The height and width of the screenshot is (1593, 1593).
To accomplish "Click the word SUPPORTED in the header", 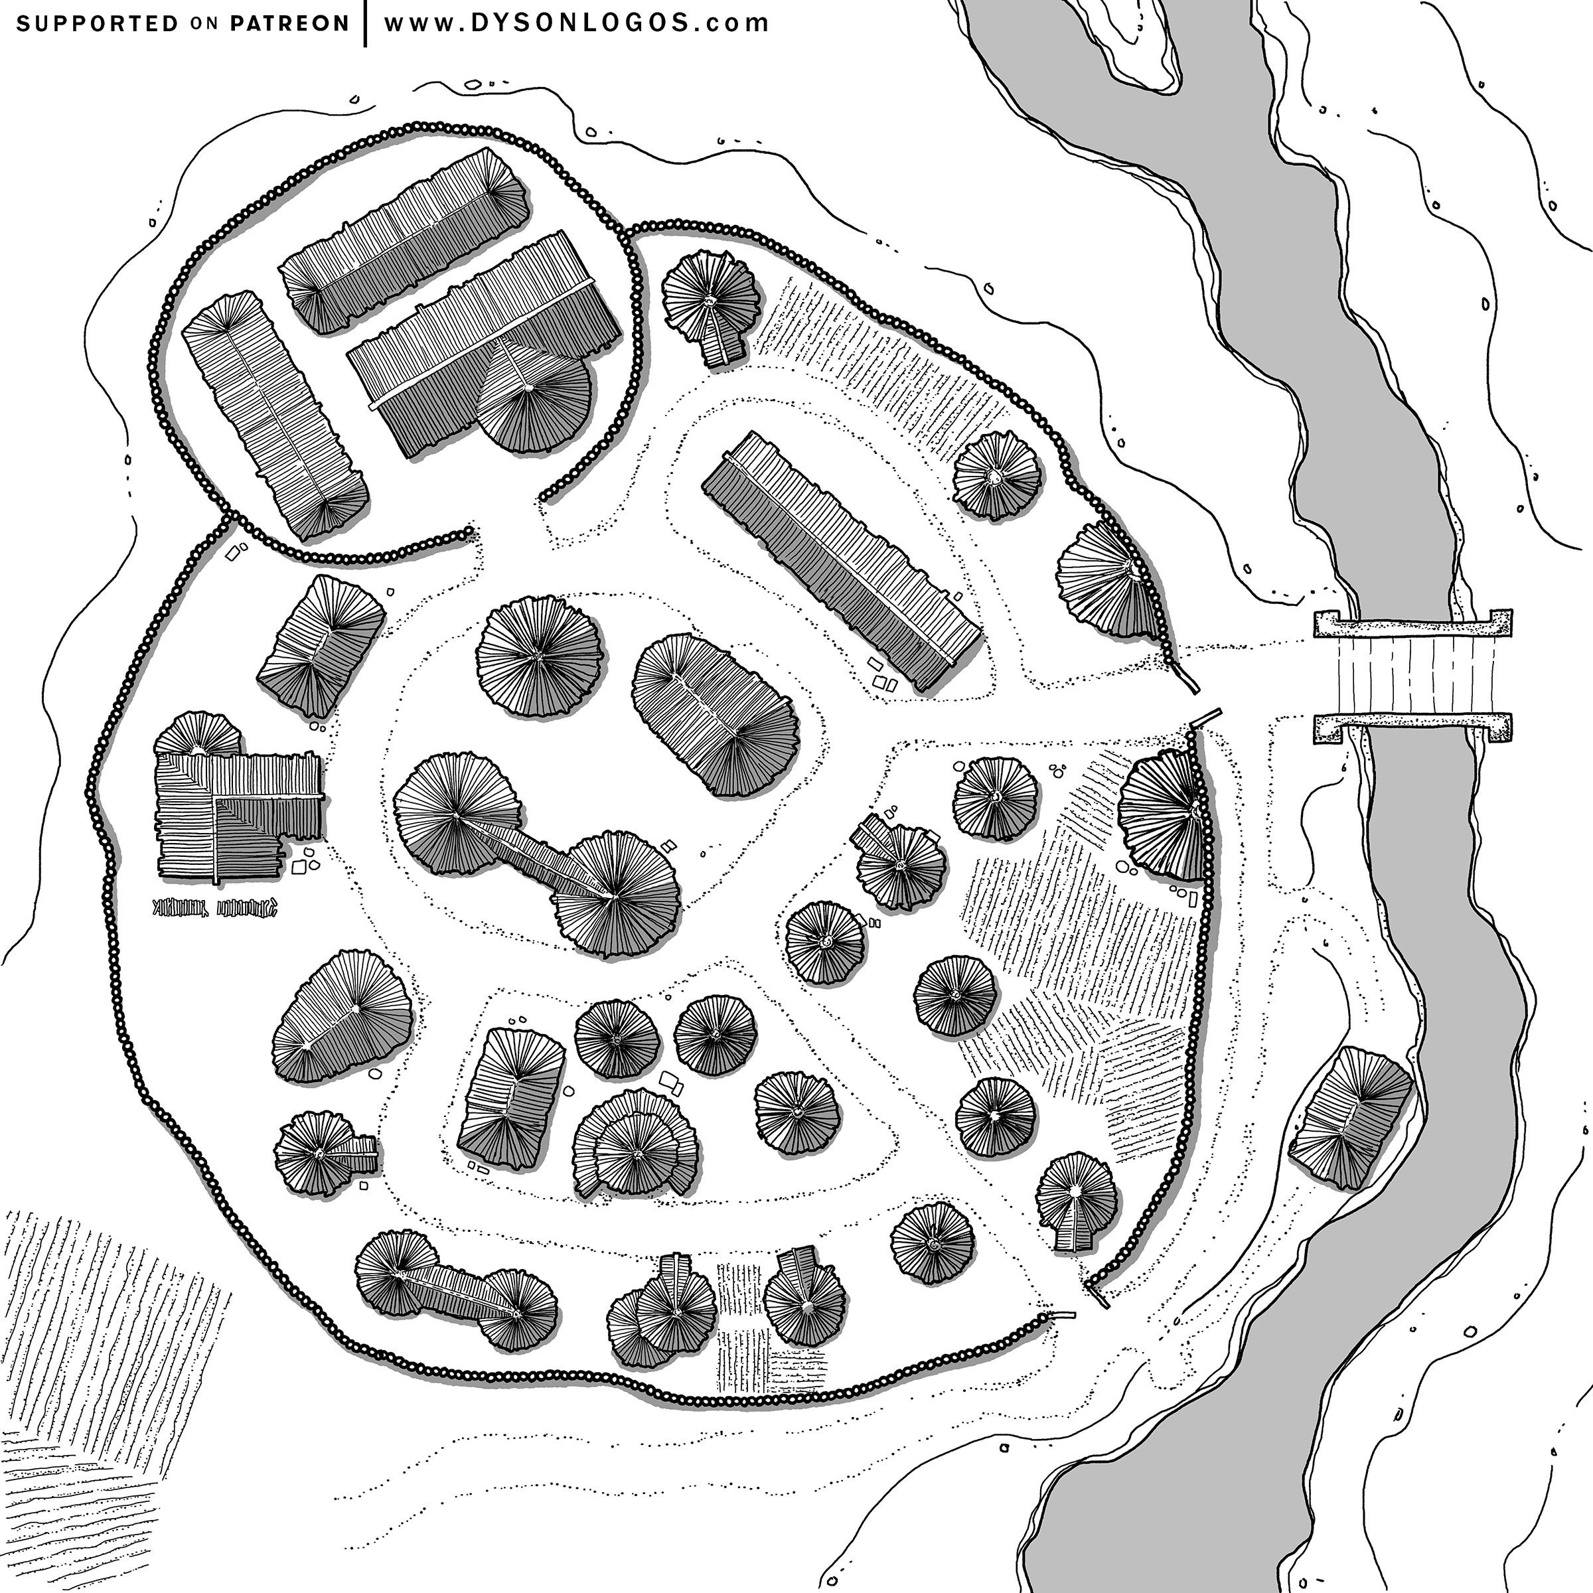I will coord(96,23).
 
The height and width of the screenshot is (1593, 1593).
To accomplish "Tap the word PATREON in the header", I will coord(289,23).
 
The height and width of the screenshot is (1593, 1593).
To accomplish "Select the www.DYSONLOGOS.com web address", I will coord(576,23).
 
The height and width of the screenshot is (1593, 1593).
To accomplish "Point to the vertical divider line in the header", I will coord(365,23).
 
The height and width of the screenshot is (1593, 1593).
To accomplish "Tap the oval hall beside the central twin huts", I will coord(715,714).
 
